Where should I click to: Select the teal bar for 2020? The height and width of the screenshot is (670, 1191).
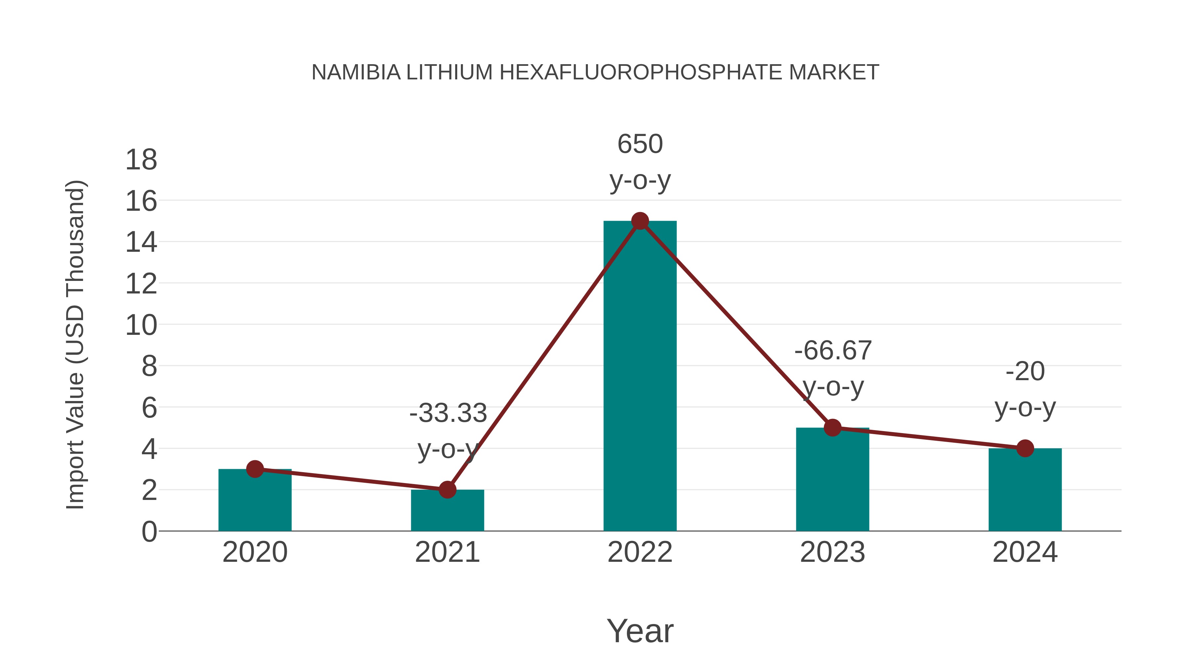[255, 502]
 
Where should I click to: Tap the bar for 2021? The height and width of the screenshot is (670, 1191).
[447, 511]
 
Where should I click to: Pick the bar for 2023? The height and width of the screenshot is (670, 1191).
[832, 481]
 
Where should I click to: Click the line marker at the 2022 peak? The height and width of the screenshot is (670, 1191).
[640, 221]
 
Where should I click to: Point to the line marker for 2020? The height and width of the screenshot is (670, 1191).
[255, 469]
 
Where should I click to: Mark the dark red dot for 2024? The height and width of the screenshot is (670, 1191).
[1025, 448]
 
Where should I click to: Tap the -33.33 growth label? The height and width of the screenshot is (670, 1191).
[448, 430]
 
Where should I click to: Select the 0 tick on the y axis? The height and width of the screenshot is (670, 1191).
[149, 531]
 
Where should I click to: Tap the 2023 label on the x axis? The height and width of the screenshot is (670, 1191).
[832, 552]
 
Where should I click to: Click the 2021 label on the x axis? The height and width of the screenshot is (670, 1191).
[447, 552]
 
